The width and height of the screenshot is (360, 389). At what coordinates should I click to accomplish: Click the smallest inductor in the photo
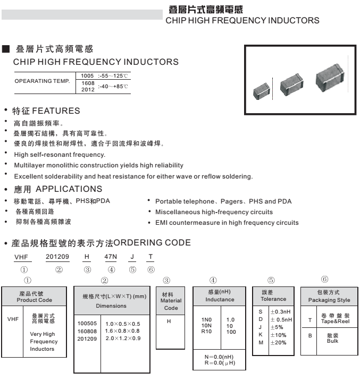[x=263, y=90]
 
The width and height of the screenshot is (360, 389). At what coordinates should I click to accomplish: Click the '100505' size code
[x=88, y=324]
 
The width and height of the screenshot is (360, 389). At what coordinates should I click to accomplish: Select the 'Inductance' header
[x=220, y=300]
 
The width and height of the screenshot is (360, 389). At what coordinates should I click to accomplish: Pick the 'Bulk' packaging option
[x=333, y=341]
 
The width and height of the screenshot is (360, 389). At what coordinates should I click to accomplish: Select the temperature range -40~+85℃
[x=113, y=86]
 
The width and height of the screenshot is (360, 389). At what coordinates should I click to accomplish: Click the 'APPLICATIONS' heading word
[x=69, y=189]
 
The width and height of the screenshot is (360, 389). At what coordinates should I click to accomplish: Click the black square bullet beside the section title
[x=6, y=49]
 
